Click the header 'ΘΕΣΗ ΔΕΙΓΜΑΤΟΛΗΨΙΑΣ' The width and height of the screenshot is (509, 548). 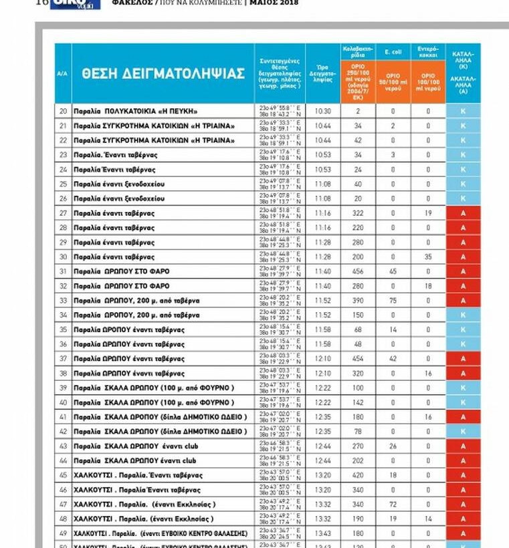[x=163, y=74]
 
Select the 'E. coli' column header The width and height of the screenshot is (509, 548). [x=393, y=51]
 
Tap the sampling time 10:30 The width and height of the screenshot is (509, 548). [x=323, y=111]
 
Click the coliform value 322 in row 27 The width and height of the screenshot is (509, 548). [x=358, y=213]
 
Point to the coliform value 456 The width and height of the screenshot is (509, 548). [x=358, y=271]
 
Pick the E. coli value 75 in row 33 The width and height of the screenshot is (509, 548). [x=393, y=301]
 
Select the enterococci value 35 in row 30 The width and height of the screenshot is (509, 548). [x=428, y=257]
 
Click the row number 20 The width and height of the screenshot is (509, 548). [x=63, y=111]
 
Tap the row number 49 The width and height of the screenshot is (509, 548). [x=63, y=533]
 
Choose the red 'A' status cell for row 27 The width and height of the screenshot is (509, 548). [x=463, y=213]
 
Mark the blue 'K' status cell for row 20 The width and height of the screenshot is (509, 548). [x=463, y=111]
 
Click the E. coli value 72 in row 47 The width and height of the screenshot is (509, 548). [x=393, y=505]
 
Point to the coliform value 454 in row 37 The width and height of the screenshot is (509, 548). [x=358, y=359]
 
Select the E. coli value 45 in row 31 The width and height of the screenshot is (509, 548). [x=393, y=271]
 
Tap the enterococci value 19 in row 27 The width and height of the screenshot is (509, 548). [x=428, y=213]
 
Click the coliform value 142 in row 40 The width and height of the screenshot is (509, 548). [x=358, y=402]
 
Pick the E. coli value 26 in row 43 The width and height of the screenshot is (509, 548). [x=393, y=446]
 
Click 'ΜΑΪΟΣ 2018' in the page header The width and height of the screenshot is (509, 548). [x=275, y=3]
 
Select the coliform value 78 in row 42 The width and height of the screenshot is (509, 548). [x=358, y=432]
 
